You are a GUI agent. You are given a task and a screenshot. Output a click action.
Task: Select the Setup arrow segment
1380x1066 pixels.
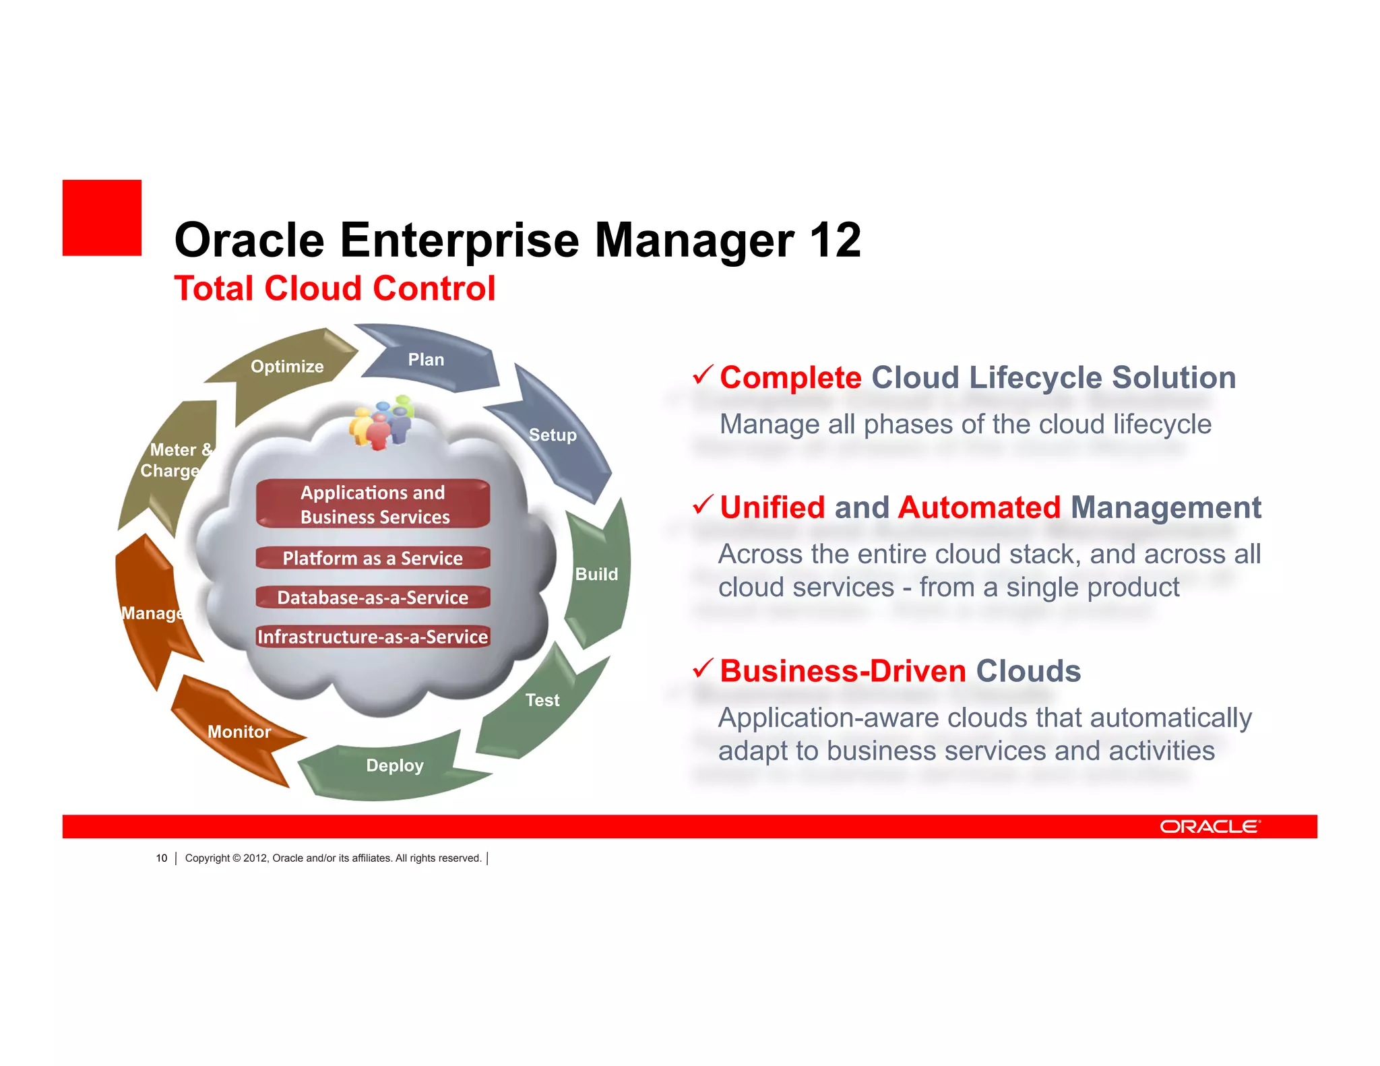[x=553, y=435]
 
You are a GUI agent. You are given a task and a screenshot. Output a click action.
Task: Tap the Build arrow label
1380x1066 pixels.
[x=596, y=574]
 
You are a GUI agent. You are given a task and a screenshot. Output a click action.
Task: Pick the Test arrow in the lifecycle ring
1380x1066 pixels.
[x=542, y=701]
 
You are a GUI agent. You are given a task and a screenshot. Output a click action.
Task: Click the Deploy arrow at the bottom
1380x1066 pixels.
[x=395, y=765]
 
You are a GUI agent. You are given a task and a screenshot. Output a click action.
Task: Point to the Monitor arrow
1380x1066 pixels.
[x=239, y=732]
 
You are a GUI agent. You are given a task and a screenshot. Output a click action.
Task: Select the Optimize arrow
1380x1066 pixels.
[x=287, y=367]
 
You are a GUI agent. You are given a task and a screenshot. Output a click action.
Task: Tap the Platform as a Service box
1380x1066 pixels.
[x=373, y=559]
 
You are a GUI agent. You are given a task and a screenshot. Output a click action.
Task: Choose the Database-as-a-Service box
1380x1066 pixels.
[x=373, y=598]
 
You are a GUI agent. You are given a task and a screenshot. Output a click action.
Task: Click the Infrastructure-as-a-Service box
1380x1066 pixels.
[x=373, y=637]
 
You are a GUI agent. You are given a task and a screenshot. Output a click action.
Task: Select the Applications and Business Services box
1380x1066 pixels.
[x=373, y=504]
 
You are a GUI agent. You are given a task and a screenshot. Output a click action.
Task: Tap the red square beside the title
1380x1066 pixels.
[x=102, y=218]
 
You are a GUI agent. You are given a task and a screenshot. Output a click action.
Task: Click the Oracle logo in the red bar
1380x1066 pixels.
[x=1210, y=827]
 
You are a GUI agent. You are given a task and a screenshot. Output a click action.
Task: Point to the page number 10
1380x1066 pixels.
[x=162, y=858]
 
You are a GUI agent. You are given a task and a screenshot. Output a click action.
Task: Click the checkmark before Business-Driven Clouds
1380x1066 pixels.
[x=702, y=668]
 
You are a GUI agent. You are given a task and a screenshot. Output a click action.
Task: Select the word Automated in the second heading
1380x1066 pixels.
[x=979, y=507]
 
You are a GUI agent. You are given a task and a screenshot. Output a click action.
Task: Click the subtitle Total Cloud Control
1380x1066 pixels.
[x=335, y=288]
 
